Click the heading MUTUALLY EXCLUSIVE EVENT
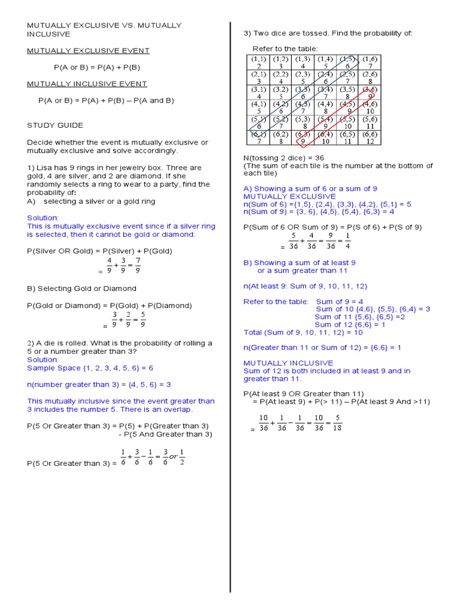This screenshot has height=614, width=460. click(x=88, y=51)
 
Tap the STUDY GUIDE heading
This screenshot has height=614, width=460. click(x=55, y=125)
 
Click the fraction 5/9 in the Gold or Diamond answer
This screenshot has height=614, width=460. click(x=143, y=319)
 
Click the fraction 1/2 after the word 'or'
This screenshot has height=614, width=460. click(x=182, y=457)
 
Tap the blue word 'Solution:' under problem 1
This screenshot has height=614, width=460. click(x=43, y=218)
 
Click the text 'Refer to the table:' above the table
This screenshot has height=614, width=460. click(x=285, y=49)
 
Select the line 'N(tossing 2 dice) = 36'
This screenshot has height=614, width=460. click(x=283, y=158)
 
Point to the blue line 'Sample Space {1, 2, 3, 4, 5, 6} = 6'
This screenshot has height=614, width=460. click(x=90, y=368)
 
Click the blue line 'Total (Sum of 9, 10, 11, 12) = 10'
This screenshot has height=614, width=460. click(x=303, y=332)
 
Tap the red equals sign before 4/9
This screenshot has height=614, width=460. click(x=100, y=272)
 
